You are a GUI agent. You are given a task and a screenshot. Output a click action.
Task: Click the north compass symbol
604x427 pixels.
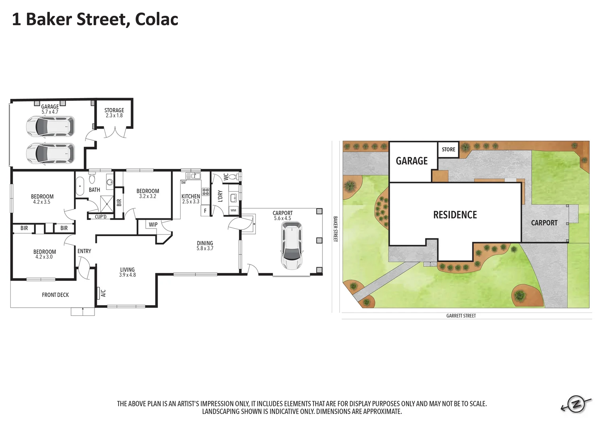(576, 404)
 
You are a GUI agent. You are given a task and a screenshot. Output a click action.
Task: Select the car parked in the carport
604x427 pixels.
(291, 245)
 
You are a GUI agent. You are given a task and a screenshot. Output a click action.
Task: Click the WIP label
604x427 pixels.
(153, 225)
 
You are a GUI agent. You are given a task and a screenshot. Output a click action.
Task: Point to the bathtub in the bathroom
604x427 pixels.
(80, 186)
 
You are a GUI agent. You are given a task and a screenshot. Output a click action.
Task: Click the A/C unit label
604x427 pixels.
(103, 293)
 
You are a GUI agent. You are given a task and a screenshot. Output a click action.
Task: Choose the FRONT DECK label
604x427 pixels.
(55, 295)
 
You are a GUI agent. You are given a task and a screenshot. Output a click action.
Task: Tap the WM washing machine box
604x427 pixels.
(233, 210)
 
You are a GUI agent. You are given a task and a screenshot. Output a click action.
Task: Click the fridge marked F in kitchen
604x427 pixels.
(205, 211)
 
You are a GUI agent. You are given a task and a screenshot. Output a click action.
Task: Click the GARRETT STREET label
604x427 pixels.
(461, 316)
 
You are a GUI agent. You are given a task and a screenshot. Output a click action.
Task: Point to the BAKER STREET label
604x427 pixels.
(335, 229)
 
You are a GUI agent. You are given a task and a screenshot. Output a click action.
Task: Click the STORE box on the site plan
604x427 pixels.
(448, 149)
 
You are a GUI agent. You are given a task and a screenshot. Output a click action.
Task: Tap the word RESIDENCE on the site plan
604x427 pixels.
(455, 215)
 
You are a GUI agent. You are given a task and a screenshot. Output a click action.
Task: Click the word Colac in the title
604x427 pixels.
(157, 19)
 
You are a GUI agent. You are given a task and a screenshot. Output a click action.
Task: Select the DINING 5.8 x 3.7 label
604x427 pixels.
(205, 246)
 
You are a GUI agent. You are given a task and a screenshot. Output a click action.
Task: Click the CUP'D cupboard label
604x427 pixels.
(100, 217)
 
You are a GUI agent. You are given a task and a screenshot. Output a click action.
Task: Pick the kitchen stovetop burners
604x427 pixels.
(206, 192)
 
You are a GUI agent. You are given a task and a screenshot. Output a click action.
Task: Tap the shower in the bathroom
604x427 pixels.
(106, 204)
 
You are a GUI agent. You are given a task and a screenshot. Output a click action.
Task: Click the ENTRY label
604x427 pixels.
(84, 251)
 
